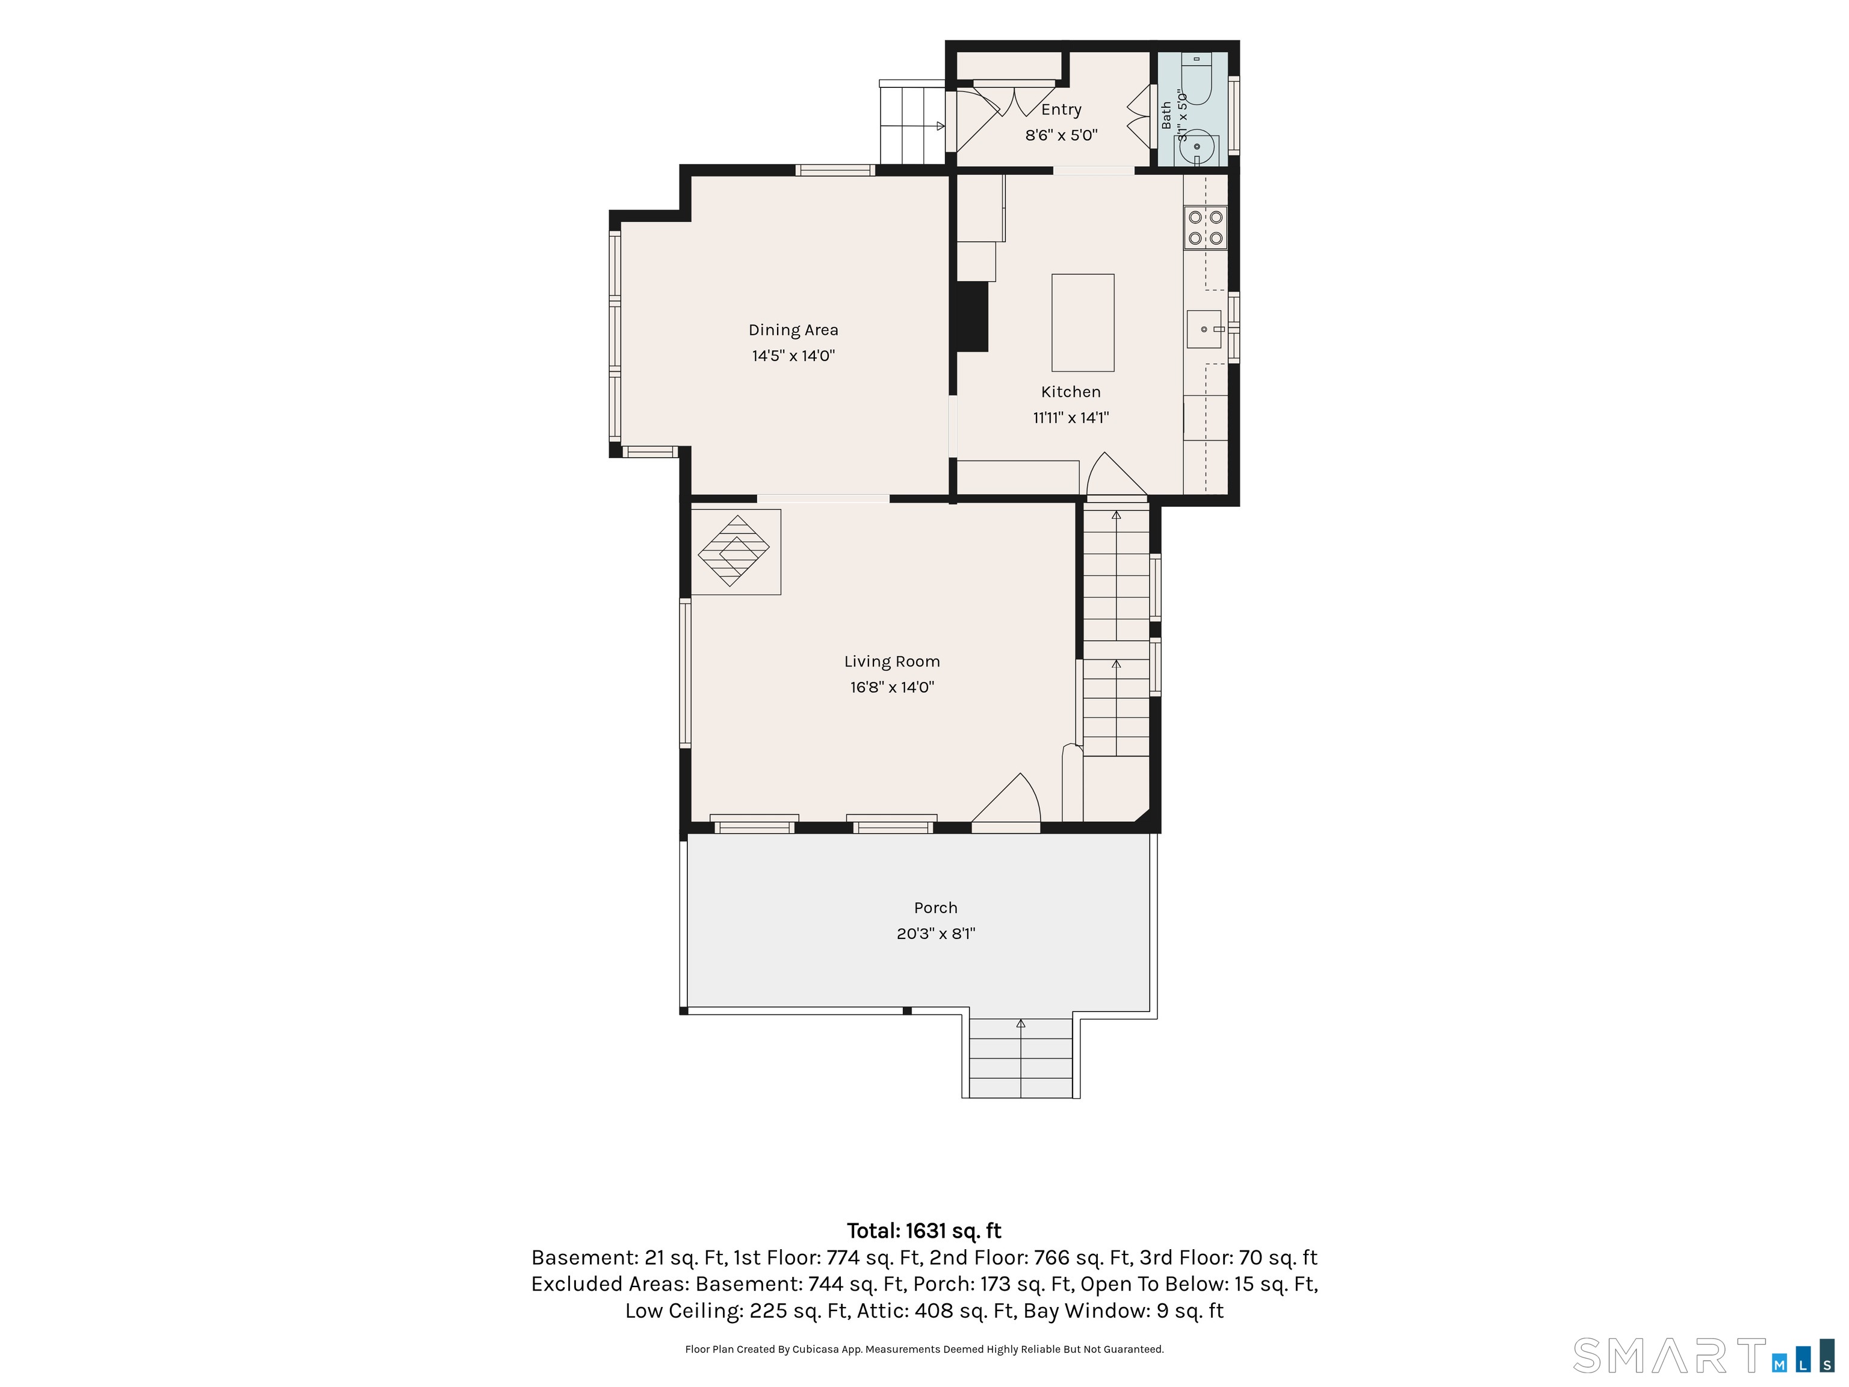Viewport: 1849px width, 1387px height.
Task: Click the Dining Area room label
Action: coord(793,330)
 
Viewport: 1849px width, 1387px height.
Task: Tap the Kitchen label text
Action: coord(1071,392)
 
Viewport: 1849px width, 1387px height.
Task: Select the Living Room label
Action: coord(892,662)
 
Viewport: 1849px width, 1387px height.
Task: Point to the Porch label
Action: coord(935,908)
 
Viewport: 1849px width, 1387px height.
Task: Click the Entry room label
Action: coord(1061,110)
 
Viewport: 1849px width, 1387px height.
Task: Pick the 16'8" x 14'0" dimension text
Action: coord(892,687)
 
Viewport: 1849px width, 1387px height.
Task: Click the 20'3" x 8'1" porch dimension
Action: coord(935,934)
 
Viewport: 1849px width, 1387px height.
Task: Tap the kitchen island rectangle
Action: coord(1082,323)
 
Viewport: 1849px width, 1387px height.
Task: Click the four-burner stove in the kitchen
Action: coord(1206,228)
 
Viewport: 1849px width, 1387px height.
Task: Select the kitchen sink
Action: coord(1204,329)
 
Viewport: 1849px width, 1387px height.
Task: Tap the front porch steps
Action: coord(1021,1058)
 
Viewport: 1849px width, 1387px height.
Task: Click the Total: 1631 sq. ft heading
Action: coord(924,1230)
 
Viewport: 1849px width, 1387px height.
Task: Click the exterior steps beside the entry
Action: coord(912,122)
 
